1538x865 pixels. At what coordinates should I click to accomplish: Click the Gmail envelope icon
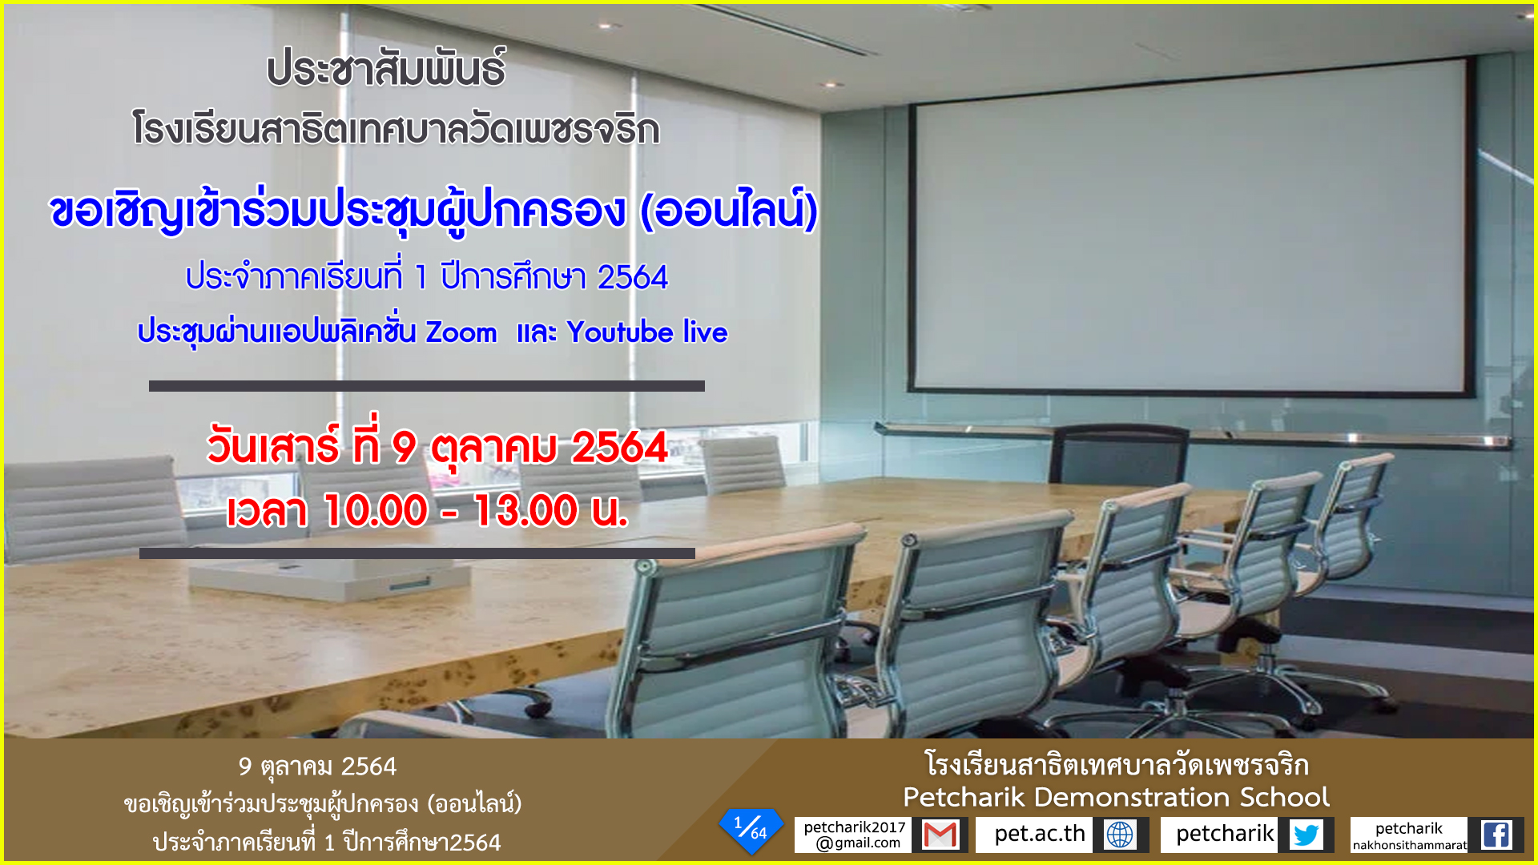pos(940,835)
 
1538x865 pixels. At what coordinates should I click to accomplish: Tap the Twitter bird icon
pos(1306,835)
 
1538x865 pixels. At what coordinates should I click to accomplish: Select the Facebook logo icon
pos(1496,835)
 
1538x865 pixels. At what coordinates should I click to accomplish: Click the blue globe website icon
pos(1120,835)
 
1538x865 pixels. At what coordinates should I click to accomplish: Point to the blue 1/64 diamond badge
pos(751,830)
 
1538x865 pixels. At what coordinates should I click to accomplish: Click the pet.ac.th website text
pos(1040,834)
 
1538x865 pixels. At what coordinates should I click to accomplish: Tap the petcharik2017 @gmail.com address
pos(855,835)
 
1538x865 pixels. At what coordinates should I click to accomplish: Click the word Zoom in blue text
pos(461,332)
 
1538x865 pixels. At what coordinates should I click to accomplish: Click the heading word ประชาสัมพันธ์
pos(386,68)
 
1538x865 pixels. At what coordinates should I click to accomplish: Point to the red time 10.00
pos(376,510)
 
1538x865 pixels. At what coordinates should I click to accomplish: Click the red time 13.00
pos(525,510)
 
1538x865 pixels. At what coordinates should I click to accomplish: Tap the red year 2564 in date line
pos(619,447)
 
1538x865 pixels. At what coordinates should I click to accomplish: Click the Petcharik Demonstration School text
pos(1116,797)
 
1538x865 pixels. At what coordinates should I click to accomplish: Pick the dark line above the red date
pos(427,386)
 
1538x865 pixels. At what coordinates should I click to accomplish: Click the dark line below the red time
pos(417,553)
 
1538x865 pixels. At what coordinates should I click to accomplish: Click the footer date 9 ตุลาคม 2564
pos(317,767)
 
